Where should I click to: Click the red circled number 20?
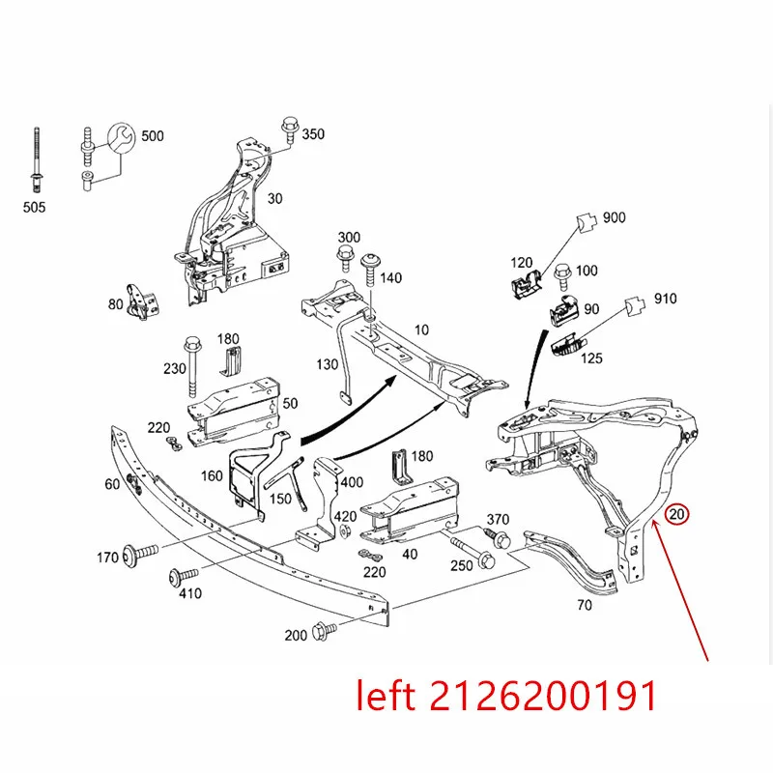[677, 514]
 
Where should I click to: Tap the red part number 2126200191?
[543, 695]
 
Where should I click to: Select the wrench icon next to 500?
[122, 138]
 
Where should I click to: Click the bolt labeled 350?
[289, 130]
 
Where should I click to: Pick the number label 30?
[274, 199]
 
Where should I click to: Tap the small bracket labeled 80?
[140, 302]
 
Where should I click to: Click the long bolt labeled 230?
[191, 366]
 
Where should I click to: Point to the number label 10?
[421, 329]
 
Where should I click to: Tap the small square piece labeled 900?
[587, 222]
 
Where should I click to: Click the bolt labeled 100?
[562, 277]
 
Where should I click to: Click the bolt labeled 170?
[141, 552]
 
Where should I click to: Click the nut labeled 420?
[345, 532]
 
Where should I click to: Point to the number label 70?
[585, 605]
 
